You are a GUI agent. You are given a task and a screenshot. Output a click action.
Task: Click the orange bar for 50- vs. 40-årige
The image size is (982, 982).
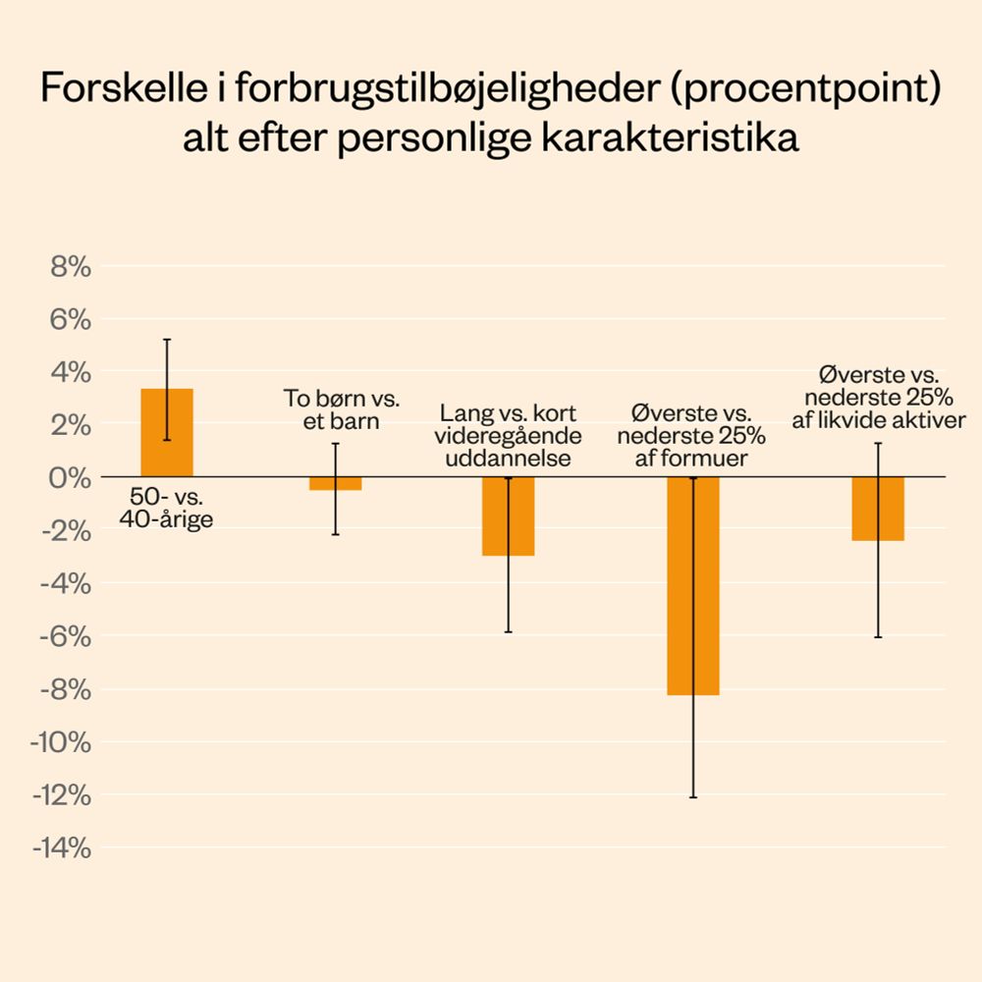[167, 432]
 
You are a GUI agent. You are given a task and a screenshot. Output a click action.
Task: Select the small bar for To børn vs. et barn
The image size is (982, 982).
[335, 483]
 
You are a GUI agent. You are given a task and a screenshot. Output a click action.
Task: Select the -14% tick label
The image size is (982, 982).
[62, 847]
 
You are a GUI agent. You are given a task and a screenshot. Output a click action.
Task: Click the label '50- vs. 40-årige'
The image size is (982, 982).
[167, 509]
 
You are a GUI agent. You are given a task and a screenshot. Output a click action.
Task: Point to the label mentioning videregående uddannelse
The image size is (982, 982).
[509, 435]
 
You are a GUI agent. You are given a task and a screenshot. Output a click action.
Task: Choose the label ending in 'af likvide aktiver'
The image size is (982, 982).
[879, 398]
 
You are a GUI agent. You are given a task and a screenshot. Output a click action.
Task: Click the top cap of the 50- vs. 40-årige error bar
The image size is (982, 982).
[167, 340]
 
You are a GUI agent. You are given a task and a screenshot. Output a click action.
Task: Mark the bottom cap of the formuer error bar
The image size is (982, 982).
[693, 797]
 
